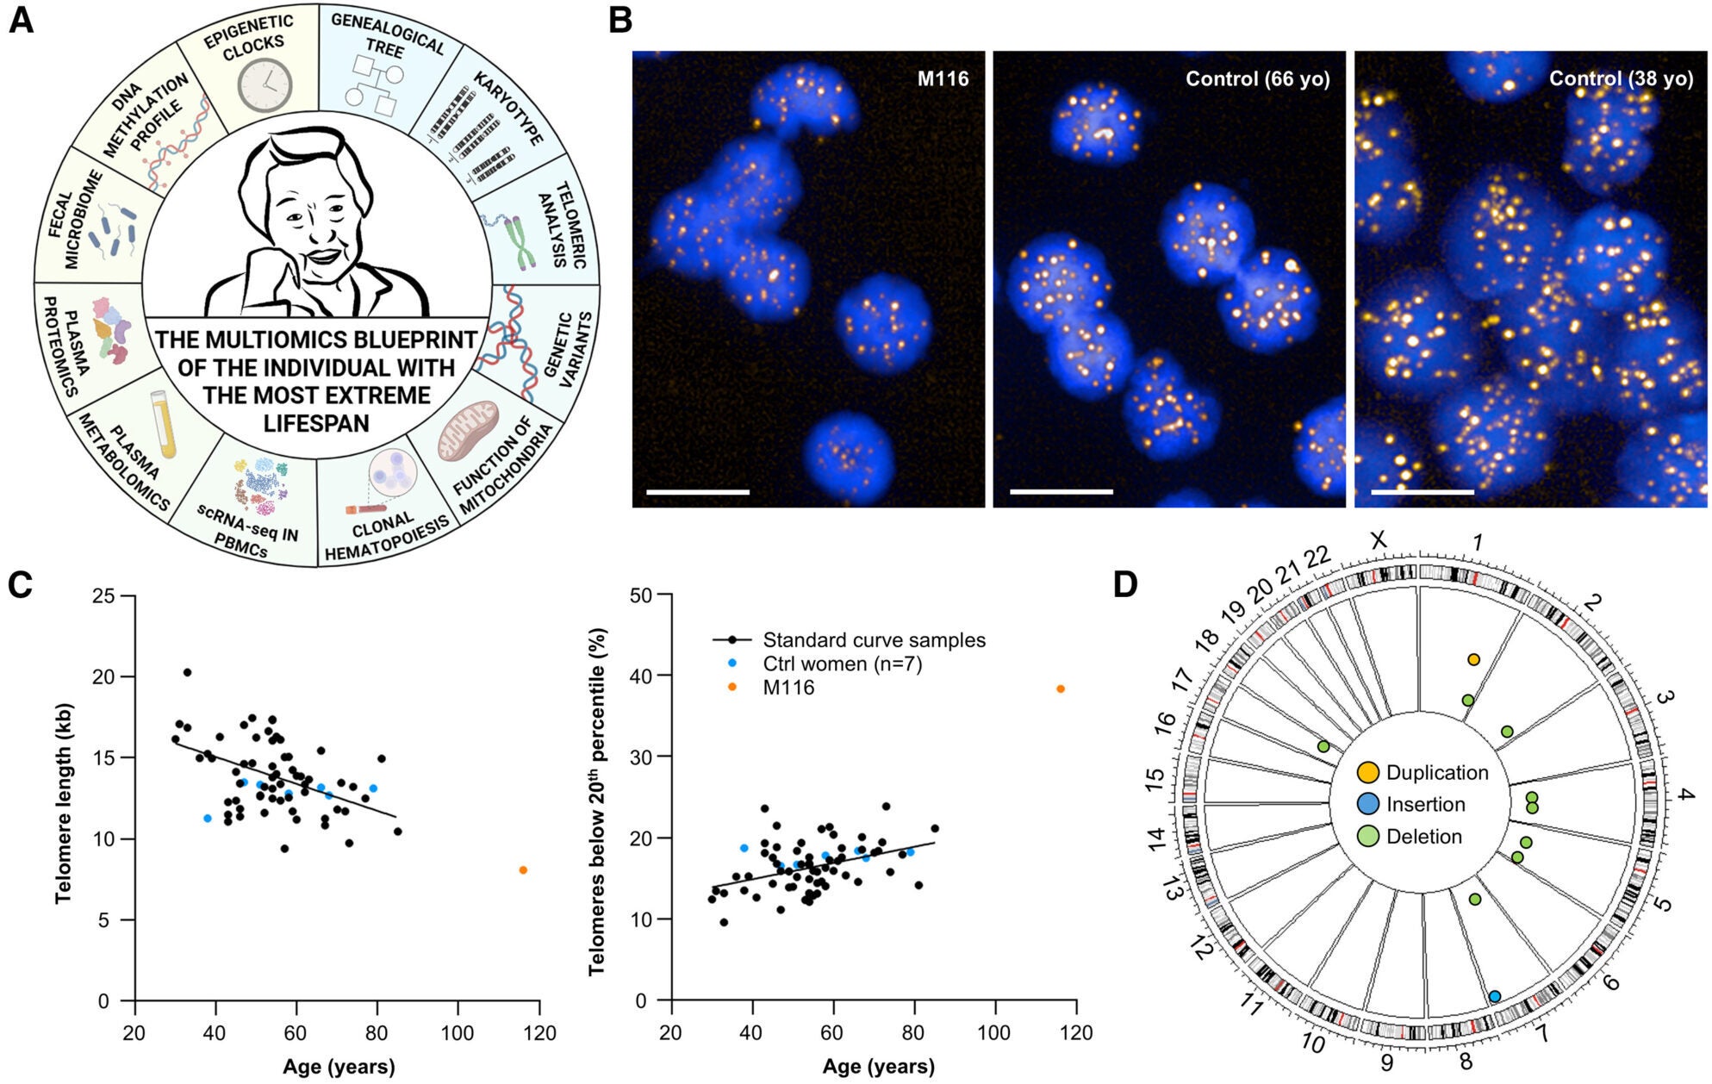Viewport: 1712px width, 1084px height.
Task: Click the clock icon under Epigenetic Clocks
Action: (265, 84)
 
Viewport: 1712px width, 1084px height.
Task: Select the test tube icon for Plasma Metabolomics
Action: (164, 422)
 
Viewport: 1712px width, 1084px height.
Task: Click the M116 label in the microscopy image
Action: (943, 79)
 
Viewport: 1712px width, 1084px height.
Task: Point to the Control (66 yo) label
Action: (1257, 79)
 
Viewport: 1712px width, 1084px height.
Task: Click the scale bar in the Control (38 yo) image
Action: (1422, 492)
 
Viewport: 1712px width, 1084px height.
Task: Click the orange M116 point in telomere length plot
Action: (523, 870)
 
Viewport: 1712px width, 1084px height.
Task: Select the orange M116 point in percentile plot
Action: (1061, 688)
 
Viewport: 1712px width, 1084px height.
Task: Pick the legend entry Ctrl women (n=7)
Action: (842, 663)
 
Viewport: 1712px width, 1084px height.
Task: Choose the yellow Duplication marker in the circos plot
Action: (1473, 660)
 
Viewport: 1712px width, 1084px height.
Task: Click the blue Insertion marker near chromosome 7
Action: (1495, 996)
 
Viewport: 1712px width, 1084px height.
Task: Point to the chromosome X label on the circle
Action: (1379, 540)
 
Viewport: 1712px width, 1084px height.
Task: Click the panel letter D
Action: (1125, 585)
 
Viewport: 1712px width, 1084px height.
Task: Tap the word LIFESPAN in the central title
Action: (316, 424)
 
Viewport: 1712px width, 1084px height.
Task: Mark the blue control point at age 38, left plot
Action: (208, 818)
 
